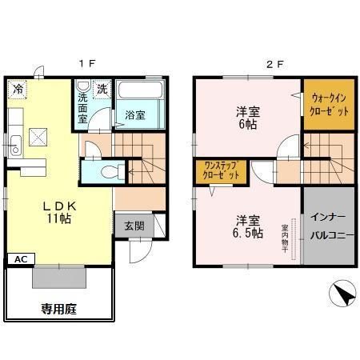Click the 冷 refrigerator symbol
click(x=18, y=89)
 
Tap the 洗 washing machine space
click(x=102, y=89)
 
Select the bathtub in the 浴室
click(x=140, y=90)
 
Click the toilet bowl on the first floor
click(x=113, y=172)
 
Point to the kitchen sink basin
click(x=15, y=146)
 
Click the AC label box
click(x=21, y=259)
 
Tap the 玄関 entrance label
click(x=134, y=226)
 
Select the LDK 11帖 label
click(x=59, y=213)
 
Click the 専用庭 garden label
click(x=59, y=309)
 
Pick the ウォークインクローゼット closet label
click(x=329, y=104)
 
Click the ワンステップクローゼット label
click(x=221, y=170)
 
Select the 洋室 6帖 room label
click(x=248, y=118)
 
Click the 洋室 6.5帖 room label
click(x=248, y=226)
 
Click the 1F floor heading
click(x=87, y=64)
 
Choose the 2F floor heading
click(x=275, y=64)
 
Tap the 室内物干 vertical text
click(x=285, y=239)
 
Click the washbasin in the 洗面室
click(x=82, y=86)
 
